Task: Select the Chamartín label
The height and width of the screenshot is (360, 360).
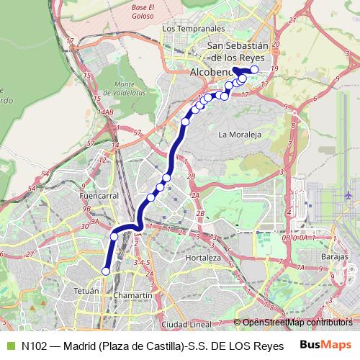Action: point(133,296)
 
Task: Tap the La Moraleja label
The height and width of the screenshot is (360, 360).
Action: point(238,134)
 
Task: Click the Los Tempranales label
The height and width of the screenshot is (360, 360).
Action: point(194,29)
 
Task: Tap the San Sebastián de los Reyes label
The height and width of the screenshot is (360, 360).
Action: point(238,50)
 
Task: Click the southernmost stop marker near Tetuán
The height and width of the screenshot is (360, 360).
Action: point(106,271)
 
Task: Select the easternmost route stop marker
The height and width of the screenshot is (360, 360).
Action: point(254,69)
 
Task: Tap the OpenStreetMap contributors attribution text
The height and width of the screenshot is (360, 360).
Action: point(297,322)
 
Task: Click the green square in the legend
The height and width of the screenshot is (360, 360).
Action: point(10,346)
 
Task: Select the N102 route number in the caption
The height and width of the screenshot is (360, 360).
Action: point(35,346)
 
